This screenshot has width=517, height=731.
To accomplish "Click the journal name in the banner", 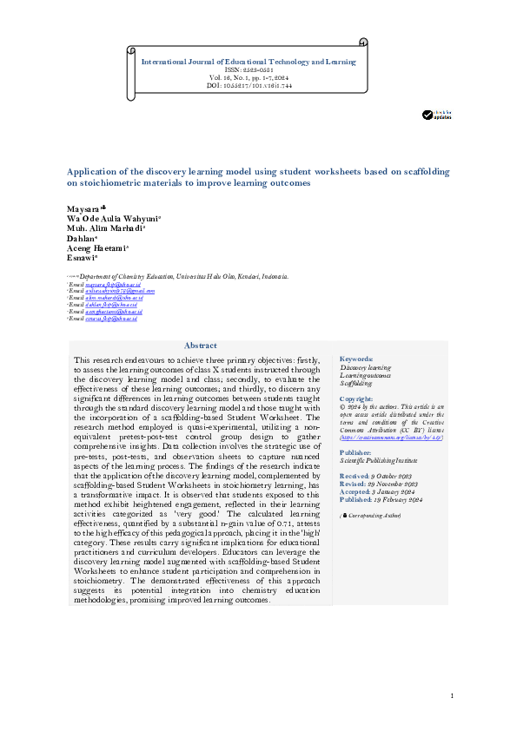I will (249, 63).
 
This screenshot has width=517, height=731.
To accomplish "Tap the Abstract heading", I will (201, 346).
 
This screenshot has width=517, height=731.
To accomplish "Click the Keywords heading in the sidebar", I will (356, 359).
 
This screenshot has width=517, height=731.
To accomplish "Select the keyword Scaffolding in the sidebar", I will (357, 382).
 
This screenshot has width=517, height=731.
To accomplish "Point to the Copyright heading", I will (357, 398).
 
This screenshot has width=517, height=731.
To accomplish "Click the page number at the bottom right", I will (453, 696).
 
